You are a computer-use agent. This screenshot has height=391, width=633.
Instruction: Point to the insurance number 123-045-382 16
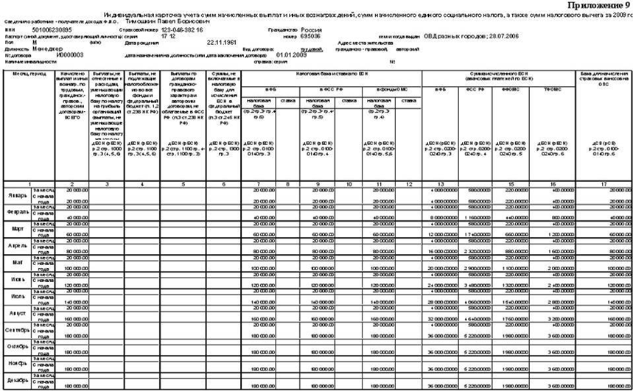coord(183,29)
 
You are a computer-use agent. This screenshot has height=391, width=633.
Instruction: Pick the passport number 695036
coord(309,35)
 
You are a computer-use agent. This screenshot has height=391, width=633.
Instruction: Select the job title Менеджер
coord(49,48)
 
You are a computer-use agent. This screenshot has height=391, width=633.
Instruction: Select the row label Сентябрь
coord(18,331)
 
